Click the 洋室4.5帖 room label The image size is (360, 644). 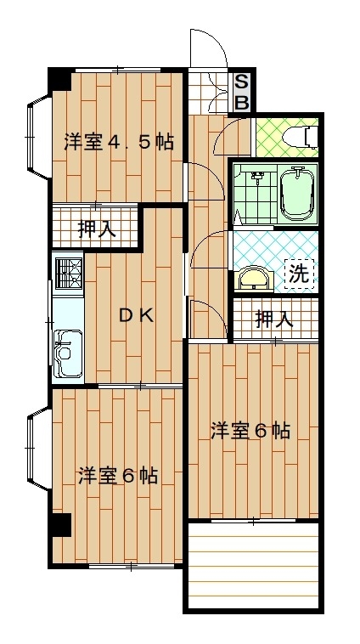(118, 143)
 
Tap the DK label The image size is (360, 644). (136, 316)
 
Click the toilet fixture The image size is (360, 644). (304, 137)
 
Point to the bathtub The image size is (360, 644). (297, 195)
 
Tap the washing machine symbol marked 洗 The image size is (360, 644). (299, 274)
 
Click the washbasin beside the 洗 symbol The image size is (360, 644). (256, 280)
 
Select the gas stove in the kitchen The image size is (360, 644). (68, 274)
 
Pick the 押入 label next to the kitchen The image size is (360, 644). (97, 229)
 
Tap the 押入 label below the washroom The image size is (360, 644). (273, 319)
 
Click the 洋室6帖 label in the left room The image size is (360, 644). (118, 476)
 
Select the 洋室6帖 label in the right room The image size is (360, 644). (250, 432)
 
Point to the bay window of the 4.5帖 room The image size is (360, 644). (38, 136)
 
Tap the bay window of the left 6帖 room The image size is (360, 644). (38, 449)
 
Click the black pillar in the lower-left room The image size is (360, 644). (61, 524)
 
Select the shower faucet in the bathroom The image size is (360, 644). (257, 176)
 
